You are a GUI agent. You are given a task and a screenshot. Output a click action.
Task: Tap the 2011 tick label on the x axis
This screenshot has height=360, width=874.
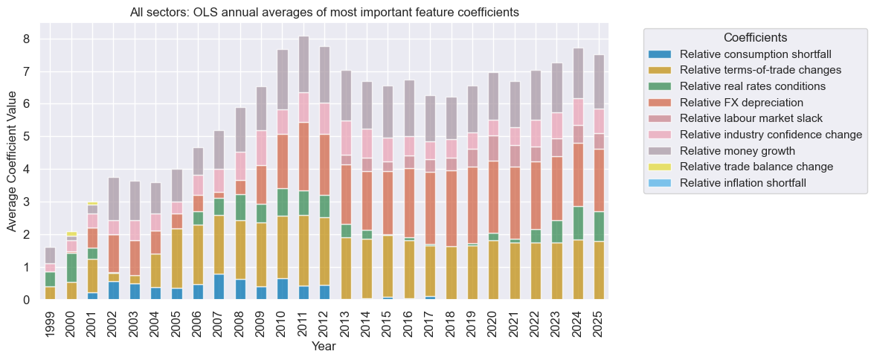303,321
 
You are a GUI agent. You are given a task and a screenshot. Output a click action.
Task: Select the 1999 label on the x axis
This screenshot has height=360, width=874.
50,321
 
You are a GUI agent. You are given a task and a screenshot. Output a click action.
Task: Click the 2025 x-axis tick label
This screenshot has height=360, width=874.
599,321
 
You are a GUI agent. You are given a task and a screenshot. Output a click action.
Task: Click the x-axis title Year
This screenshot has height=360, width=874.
324,347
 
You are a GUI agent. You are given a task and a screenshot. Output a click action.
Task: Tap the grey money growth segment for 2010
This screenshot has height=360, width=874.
282,80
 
